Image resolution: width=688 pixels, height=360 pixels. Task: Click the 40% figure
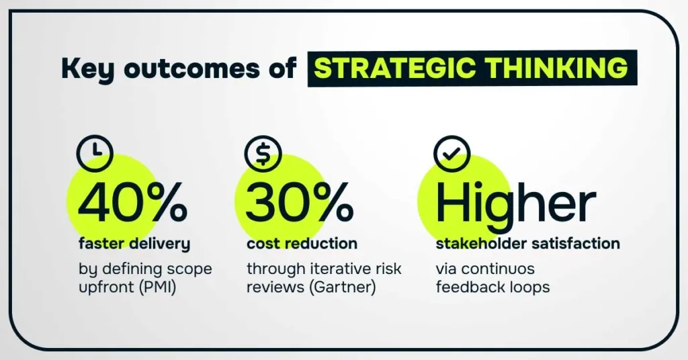[x=132, y=203]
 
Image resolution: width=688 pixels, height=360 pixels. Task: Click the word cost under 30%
[x=262, y=243]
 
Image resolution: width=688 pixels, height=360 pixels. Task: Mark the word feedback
[x=466, y=287]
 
